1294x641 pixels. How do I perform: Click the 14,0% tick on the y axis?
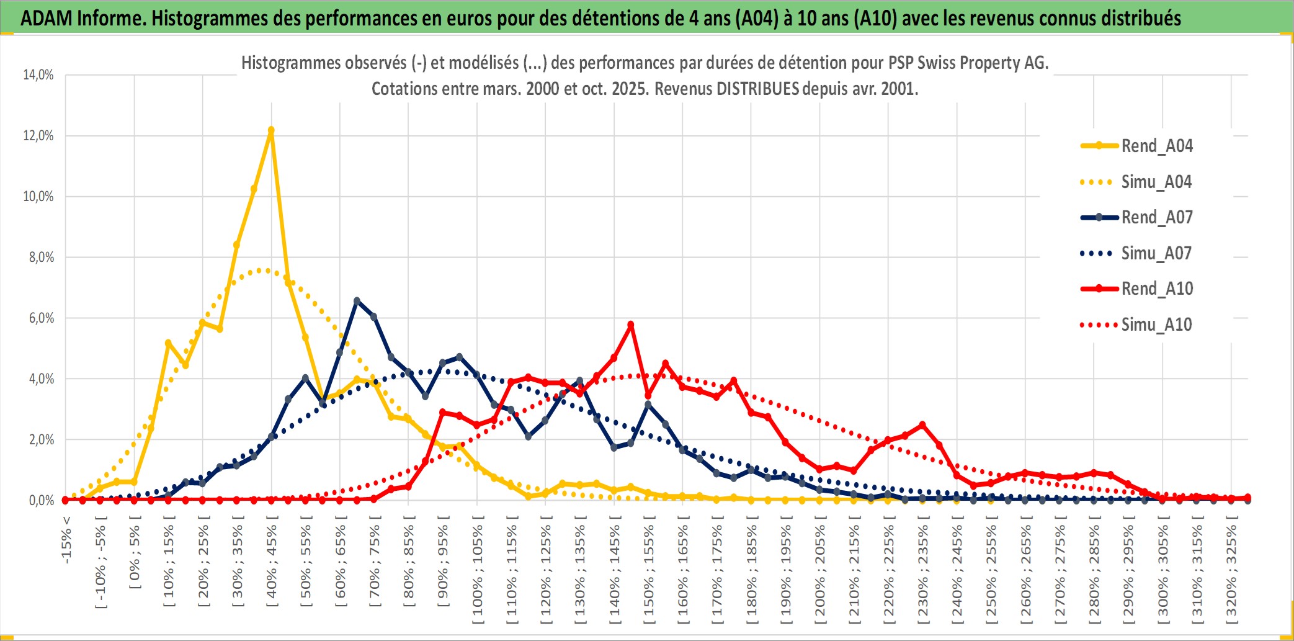[38, 75]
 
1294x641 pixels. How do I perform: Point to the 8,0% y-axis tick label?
[41, 257]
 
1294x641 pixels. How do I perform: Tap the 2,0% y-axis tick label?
[41, 439]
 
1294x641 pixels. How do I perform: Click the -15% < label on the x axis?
[66, 540]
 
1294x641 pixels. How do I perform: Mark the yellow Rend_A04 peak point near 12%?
[271, 130]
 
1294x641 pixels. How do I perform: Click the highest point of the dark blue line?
[357, 300]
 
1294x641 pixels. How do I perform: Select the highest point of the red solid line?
[631, 325]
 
